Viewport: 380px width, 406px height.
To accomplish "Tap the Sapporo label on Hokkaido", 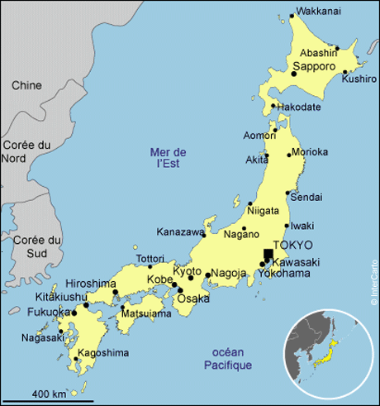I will tap(314, 65).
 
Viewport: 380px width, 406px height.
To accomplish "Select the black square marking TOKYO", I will tap(268, 254).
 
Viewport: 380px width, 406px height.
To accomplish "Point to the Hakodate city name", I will tap(299, 107).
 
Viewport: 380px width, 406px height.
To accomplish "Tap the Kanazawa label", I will tap(179, 232).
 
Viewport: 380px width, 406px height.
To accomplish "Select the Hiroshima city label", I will tap(90, 284).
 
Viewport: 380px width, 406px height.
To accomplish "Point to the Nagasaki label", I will tap(42, 337).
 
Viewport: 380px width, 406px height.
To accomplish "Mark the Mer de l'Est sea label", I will tap(169, 158).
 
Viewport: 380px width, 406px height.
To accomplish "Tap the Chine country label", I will tap(26, 85).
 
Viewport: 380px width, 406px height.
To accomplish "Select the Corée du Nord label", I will tap(21, 151).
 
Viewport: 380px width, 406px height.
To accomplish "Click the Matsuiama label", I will tap(145, 314).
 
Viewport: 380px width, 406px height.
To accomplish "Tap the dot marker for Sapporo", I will tap(293, 74).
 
